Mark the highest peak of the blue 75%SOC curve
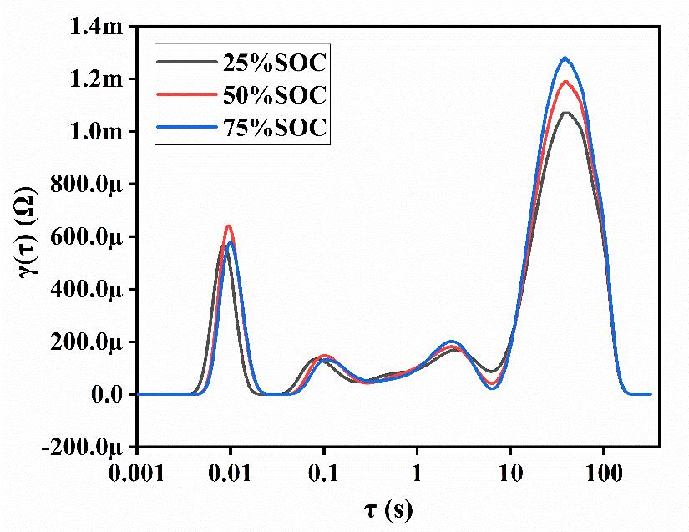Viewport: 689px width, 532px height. coord(565,58)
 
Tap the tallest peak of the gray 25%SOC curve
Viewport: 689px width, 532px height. coord(567,113)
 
